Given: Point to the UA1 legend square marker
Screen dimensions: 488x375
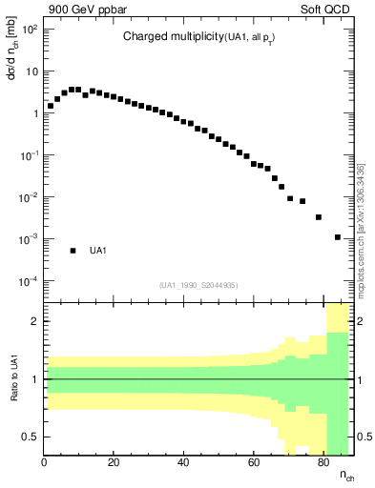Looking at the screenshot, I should click(73, 251).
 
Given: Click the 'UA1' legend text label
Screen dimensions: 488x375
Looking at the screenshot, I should click(97, 251).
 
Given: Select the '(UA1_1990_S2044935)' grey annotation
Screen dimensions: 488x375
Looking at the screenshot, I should click(198, 285).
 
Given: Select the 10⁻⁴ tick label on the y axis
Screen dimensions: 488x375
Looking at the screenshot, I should click(30, 281).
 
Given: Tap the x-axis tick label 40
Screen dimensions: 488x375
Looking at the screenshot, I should click(183, 464).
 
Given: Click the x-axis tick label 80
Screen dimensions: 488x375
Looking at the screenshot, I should click(323, 464).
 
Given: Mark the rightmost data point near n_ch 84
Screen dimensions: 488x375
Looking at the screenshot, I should click(338, 236).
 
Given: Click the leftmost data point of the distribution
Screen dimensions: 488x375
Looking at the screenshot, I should click(51, 106).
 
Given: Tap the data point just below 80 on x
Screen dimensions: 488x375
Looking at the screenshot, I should click(319, 217).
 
